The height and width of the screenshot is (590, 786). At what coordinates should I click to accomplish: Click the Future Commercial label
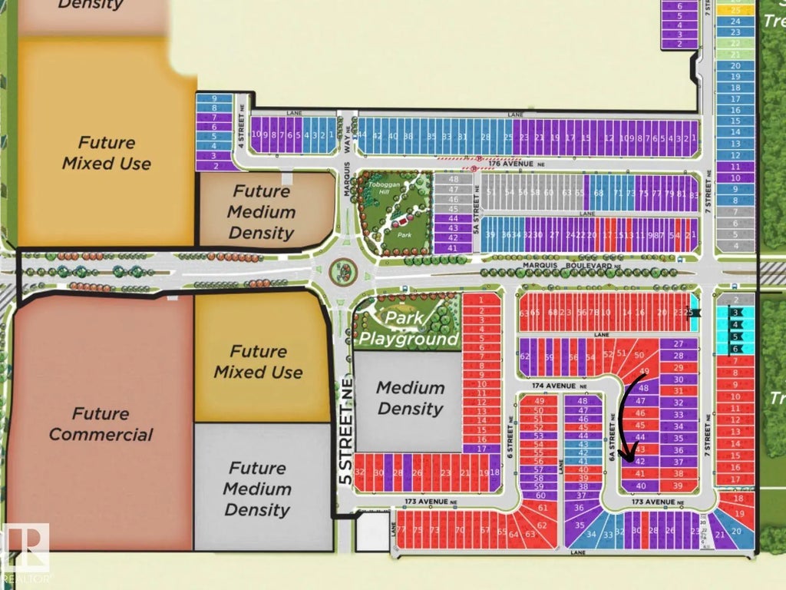(100, 424)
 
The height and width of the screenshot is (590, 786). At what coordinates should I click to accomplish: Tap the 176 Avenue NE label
(530, 163)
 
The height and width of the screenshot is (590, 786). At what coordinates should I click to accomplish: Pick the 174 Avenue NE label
(556, 386)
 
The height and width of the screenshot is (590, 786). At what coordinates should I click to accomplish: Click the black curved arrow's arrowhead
(626, 459)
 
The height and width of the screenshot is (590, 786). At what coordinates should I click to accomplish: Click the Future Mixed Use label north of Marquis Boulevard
(107, 153)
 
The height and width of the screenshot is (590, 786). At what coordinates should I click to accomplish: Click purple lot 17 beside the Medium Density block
(481, 448)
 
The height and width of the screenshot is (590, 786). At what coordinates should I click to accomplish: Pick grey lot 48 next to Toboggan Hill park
(452, 179)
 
